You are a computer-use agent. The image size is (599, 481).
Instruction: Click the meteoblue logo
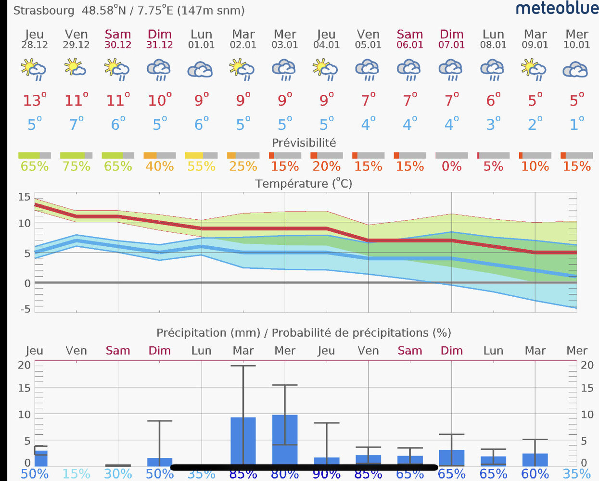(x=557, y=8)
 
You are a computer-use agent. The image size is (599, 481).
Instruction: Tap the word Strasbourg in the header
(x=44, y=11)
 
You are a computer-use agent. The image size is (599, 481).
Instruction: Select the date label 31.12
(x=160, y=45)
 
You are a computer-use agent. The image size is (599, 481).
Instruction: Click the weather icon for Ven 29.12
(x=76, y=68)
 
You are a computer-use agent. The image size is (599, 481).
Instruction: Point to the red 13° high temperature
(x=35, y=101)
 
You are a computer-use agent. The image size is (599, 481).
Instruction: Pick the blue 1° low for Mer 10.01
(x=576, y=124)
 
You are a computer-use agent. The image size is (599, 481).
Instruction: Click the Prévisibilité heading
(x=304, y=143)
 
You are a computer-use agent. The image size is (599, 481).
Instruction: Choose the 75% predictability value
(x=76, y=166)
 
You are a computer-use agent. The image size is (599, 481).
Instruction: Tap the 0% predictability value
(x=451, y=166)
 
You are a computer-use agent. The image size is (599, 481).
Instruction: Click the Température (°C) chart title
(x=304, y=184)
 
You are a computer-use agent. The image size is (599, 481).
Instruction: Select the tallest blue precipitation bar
(x=285, y=440)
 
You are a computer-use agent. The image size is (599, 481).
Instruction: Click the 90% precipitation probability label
(x=326, y=474)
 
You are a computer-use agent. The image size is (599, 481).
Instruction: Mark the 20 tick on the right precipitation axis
(x=587, y=365)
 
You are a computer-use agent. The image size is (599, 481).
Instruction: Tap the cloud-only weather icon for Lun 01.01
(x=201, y=70)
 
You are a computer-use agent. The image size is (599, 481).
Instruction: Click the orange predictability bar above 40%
(x=150, y=155)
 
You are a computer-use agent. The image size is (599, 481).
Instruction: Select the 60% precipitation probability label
(x=535, y=474)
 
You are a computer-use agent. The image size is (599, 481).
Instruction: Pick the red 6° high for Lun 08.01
(x=493, y=101)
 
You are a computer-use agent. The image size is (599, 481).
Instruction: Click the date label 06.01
(x=410, y=45)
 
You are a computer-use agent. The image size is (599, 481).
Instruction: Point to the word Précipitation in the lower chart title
(x=191, y=333)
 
